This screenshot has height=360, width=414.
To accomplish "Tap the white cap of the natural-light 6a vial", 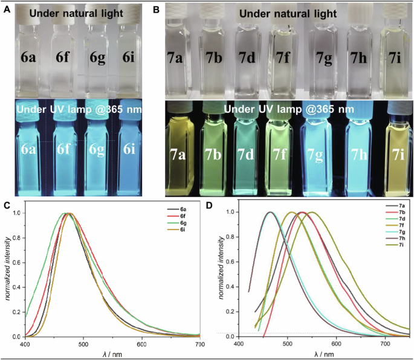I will pyautogui.click(x=30, y=16).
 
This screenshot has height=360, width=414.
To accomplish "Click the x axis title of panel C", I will pyautogui.click(x=112, y=353).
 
